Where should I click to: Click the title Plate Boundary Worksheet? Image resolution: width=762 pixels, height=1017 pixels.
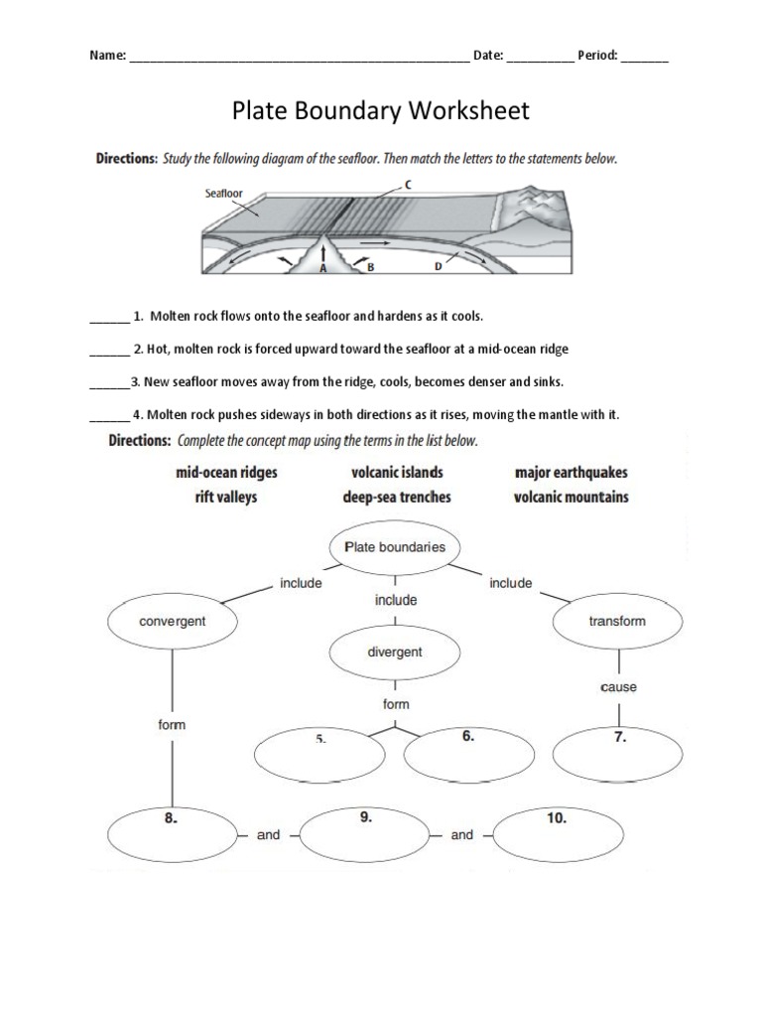pyautogui.click(x=381, y=110)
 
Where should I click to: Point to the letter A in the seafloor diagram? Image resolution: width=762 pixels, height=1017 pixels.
pyautogui.click(x=322, y=267)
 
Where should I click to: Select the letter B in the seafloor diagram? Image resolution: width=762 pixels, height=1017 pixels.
pyautogui.click(x=369, y=267)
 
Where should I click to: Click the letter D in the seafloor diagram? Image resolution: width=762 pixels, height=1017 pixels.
pyautogui.click(x=439, y=267)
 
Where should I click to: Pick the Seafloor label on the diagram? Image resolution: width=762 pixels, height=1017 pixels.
pyautogui.click(x=223, y=194)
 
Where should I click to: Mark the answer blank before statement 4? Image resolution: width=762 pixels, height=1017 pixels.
pyautogui.click(x=109, y=415)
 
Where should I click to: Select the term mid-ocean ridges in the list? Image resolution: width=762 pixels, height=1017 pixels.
pyautogui.click(x=226, y=473)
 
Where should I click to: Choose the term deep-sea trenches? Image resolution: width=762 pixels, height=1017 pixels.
pyautogui.click(x=397, y=497)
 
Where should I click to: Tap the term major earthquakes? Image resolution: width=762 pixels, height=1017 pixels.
pyautogui.click(x=571, y=473)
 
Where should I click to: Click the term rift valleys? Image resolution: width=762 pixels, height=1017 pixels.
pyautogui.click(x=226, y=497)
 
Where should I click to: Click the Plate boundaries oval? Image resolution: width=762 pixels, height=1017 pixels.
pyautogui.click(x=394, y=547)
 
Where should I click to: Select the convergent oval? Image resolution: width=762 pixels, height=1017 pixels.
pyautogui.click(x=173, y=622)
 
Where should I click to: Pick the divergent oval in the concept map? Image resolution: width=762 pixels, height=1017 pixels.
pyautogui.click(x=394, y=653)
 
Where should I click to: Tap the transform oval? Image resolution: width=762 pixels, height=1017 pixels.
pyautogui.click(x=616, y=622)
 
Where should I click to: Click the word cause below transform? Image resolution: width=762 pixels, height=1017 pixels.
pyautogui.click(x=618, y=687)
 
